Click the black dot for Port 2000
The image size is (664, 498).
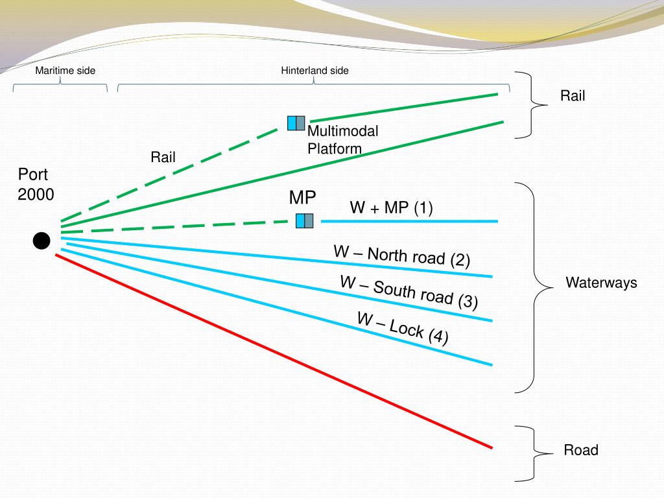pos(41,241)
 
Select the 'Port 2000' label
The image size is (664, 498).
pos(36,185)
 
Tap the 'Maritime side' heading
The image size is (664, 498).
pos(65,71)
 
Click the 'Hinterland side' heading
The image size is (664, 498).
pos(314,71)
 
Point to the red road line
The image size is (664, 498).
pos(272,350)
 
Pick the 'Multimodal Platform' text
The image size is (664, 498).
pos(342,140)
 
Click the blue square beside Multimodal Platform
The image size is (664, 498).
pos(296,123)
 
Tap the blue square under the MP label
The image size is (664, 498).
pos(304,220)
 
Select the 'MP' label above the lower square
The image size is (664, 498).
pos(302,198)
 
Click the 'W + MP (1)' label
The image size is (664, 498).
pos(391,207)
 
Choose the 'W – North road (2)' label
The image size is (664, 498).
pos(401,255)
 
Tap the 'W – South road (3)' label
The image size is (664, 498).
pos(409,292)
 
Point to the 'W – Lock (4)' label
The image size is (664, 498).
pos(402,328)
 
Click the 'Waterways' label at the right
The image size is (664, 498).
pos(601,283)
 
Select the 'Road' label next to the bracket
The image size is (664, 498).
pos(580,450)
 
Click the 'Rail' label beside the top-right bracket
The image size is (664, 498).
pos(573,96)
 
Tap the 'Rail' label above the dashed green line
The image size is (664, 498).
pos(163,157)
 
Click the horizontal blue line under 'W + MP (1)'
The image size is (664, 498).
pos(409,222)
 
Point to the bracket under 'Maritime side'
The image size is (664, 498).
pos(60,86)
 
